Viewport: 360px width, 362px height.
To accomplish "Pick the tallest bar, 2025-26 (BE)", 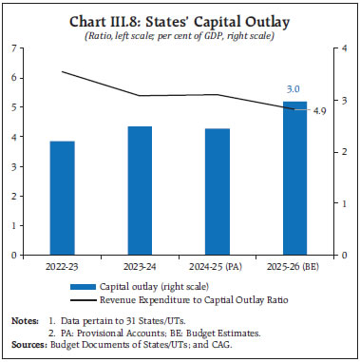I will click(x=294, y=178).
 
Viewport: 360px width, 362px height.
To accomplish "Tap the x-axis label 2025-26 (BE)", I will click(x=294, y=266).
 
